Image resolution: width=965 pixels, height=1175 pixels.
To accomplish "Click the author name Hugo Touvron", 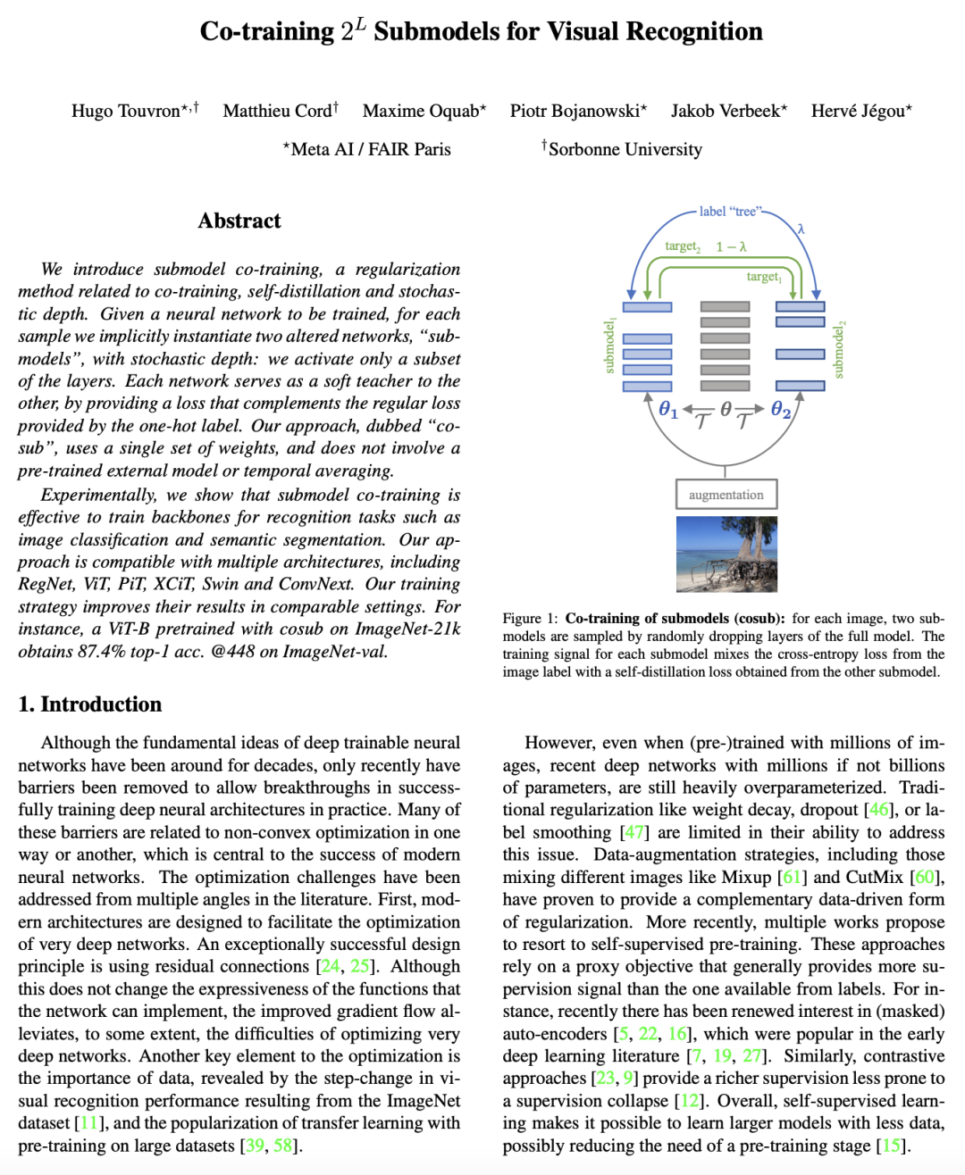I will tap(125, 112).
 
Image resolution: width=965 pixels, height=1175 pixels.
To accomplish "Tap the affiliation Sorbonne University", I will tap(625, 149).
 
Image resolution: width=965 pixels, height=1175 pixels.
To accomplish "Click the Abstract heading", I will tap(239, 221).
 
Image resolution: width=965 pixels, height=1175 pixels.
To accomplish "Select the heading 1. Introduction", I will tap(90, 704).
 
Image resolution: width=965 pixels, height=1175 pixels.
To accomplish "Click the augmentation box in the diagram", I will tap(726, 495).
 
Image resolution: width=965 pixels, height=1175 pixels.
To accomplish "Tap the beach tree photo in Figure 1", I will tap(726, 554).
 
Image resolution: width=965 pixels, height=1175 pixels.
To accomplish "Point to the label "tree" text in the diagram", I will tap(728, 212).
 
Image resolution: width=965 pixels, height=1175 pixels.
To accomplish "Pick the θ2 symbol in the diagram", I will tap(781, 410).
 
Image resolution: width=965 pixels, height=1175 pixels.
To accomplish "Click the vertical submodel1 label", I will tap(610, 346).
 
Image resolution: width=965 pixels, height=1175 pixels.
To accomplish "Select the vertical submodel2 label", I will tap(838, 350).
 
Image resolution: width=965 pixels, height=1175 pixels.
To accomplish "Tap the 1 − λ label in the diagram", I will tap(731, 246).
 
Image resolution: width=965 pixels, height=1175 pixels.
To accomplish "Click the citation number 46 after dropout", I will tap(879, 810).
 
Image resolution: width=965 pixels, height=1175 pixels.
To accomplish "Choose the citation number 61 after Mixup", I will tap(792, 877).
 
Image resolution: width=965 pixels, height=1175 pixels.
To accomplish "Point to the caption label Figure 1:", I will tap(530, 619).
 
